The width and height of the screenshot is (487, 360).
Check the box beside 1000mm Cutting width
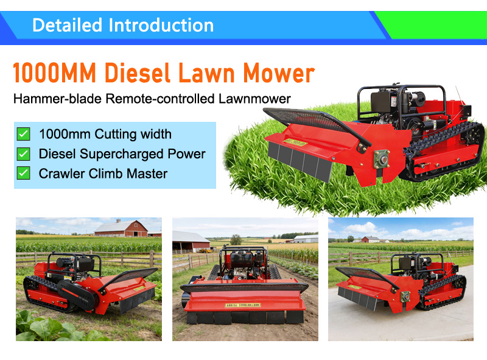point(23,134)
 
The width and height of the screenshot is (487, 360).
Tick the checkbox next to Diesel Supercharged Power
point(23,154)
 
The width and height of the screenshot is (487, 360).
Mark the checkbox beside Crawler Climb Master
point(23,173)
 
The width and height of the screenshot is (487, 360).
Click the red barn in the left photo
point(122,229)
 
